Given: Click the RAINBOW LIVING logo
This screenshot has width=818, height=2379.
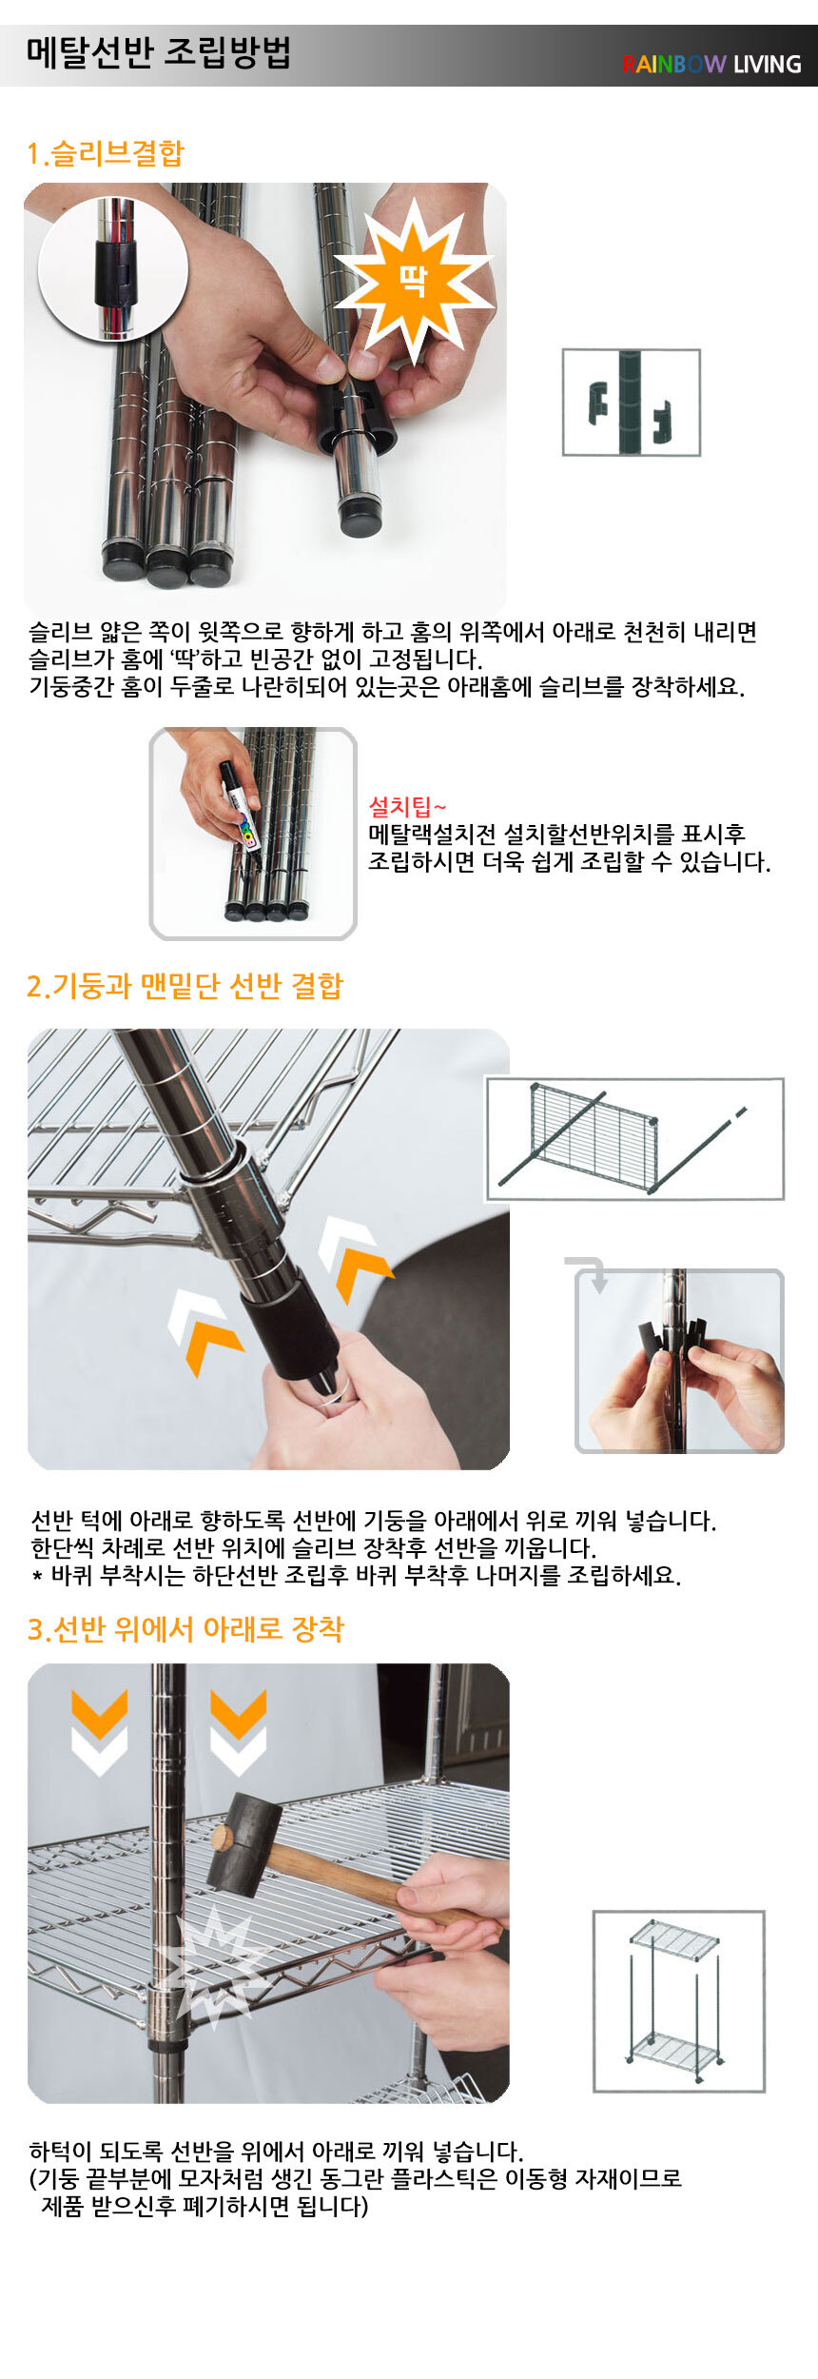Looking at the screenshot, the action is pos(711,64).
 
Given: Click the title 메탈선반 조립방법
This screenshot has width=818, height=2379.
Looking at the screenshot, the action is pos(158,52).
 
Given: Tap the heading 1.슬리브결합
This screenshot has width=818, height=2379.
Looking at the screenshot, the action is pos(106,153).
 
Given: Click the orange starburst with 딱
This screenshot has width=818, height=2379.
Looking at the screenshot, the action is pos(413,280).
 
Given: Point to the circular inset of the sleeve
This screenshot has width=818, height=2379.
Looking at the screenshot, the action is pos(113,269).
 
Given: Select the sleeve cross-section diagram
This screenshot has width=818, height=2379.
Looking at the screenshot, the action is pos(632,403).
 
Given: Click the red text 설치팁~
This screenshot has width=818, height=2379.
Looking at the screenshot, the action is pos(407,808).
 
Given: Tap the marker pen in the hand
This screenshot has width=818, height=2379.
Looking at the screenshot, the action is pos(240,804).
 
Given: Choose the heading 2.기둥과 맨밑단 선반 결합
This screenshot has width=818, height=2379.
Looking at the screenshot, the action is pos(185,986).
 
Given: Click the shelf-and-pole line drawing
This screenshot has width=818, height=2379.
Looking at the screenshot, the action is pos(634,1139).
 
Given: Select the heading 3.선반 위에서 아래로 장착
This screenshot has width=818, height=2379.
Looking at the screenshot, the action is pos(185,1629).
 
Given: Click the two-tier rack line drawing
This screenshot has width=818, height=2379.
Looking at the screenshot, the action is pos(679,2001).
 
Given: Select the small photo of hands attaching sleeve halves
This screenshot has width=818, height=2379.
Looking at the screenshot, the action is pos(680,1361).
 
